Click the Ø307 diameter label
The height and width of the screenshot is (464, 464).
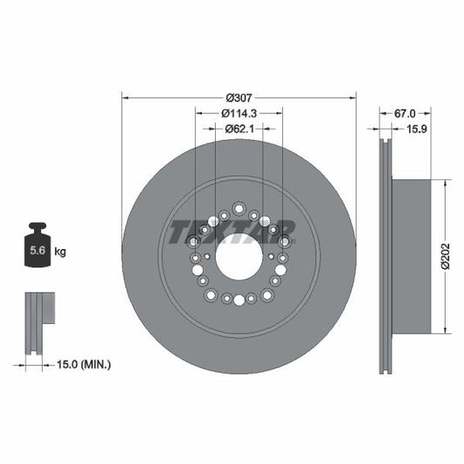click(x=239, y=98)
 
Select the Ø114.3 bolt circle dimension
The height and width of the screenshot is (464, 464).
click(x=238, y=113)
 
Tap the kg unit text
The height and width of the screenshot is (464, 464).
click(x=60, y=252)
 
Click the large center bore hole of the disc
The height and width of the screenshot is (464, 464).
click(x=239, y=257)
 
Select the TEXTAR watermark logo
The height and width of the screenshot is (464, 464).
click(x=232, y=232)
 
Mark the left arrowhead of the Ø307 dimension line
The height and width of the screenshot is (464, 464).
click(x=124, y=98)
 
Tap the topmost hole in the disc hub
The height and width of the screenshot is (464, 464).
click(x=239, y=207)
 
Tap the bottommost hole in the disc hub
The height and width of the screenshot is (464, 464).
click(x=239, y=300)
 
